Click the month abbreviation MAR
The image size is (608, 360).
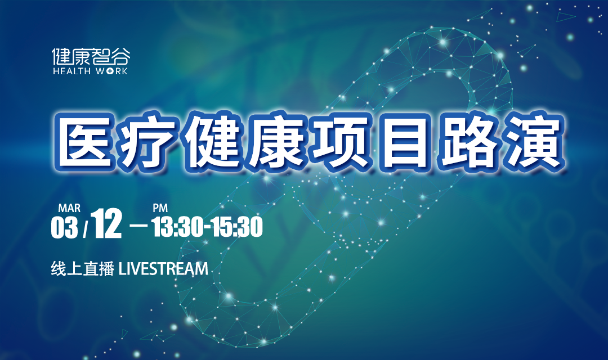(x=69, y=209)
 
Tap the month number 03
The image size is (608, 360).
(x=64, y=227)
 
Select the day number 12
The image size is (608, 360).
(x=108, y=224)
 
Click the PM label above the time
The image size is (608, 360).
(x=160, y=209)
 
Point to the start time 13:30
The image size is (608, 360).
(x=177, y=227)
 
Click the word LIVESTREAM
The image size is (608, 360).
(x=163, y=269)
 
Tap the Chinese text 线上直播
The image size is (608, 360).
(x=82, y=269)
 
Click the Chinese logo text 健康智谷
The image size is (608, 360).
(x=91, y=57)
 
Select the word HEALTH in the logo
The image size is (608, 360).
(x=71, y=71)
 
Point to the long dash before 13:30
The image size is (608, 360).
(x=140, y=225)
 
